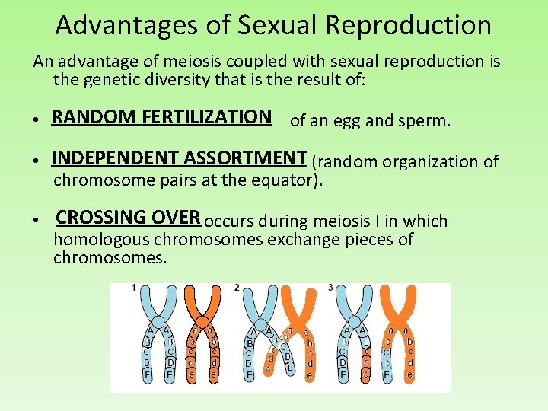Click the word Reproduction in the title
coord(408,25)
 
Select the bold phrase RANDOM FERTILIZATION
coord(161,116)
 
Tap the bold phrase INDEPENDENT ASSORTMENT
coord(179,158)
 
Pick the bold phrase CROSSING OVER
coord(128,217)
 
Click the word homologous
coord(101,241)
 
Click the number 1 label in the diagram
coord(134,288)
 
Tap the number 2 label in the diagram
coord(237,288)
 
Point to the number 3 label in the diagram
coord(330,288)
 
